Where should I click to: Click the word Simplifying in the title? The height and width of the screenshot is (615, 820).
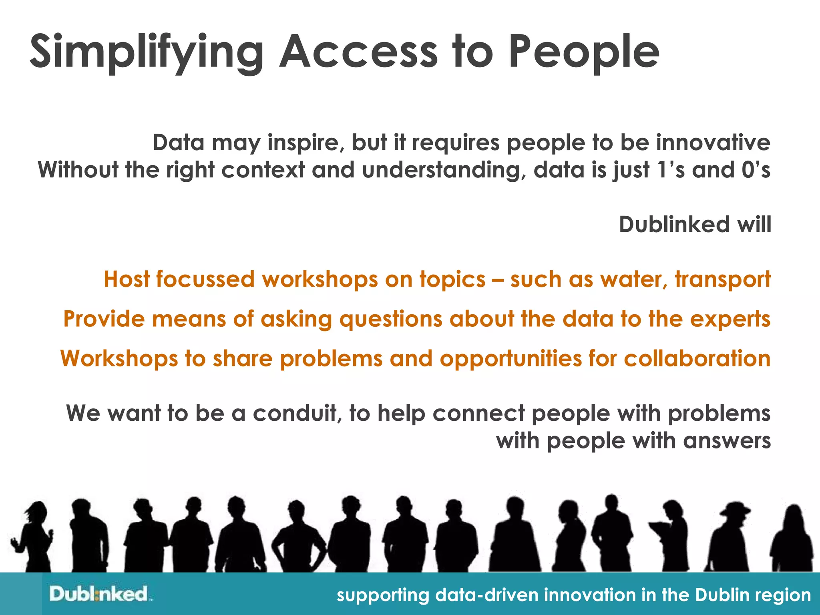tap(146, 52)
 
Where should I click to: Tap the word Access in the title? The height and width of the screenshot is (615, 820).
tap(358, 52)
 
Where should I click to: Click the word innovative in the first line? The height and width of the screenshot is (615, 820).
tap(713, 143)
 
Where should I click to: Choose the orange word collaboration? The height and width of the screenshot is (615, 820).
tap(697, 358)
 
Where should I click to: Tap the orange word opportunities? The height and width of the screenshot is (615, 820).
tap(510, 359)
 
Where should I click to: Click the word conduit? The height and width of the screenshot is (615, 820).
tap(297, 414)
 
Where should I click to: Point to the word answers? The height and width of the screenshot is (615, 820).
tap(727, 441)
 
